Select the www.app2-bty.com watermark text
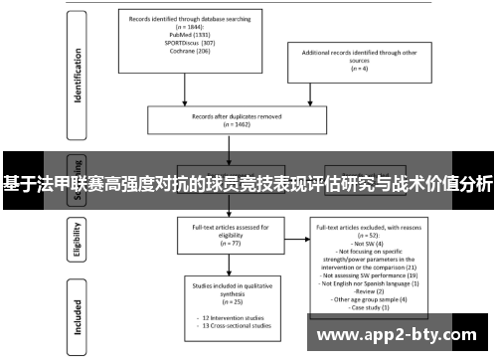(402, 336)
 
